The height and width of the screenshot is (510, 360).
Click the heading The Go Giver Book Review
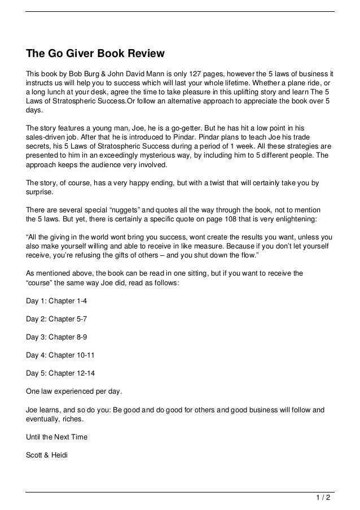click(x=95, y=55)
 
